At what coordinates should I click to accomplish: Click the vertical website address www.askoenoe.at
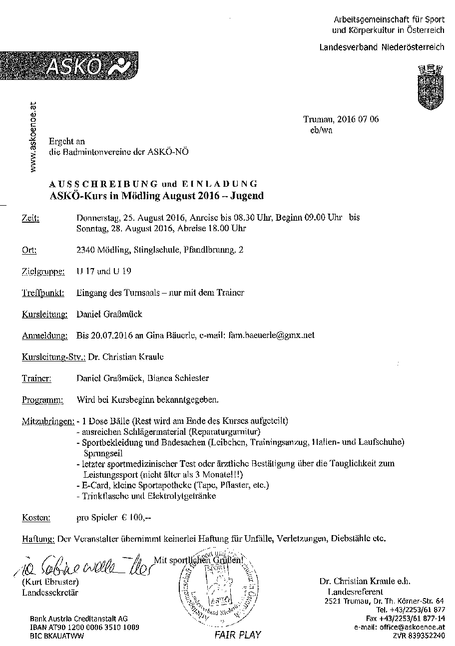click(33, 136)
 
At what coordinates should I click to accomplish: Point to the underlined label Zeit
click(30, 218)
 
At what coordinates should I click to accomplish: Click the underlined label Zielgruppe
click(43, 272)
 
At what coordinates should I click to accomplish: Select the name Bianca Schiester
click(178, 378)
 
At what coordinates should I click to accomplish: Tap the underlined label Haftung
click(38, 539)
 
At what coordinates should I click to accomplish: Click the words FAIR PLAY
click(238, 635)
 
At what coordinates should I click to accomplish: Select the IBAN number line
click(84, 627)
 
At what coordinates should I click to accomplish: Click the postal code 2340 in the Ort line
click(86, 250)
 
